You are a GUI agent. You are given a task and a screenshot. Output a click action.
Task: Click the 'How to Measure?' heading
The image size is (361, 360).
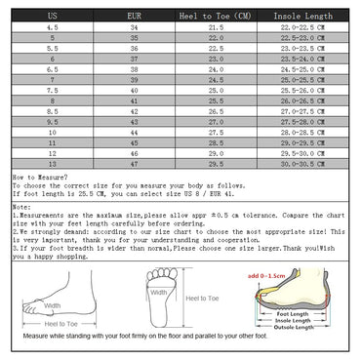pos(38,178)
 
